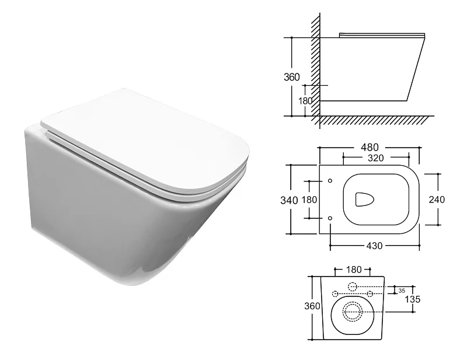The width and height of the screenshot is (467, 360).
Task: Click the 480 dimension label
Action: point(370,148)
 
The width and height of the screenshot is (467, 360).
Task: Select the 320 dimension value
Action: point(375,158)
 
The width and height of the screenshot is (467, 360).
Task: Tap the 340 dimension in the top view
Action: point(289,200)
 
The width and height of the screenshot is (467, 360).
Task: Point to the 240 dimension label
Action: point(437,200)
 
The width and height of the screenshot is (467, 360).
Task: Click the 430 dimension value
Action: point(374,246)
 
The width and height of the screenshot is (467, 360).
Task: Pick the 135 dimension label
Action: point(413,299)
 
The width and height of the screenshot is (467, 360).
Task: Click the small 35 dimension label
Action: point(402,291)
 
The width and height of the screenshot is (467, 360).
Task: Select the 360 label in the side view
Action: point(291,77)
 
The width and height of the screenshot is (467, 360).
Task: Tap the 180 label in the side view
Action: point(305,101)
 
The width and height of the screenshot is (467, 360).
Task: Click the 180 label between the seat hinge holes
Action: point(309,200)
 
